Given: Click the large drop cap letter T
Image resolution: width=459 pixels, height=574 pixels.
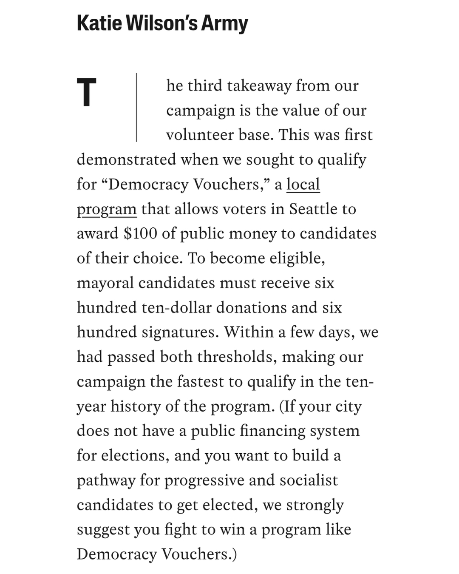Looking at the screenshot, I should [87, 92].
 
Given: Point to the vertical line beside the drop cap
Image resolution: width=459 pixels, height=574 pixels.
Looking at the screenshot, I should [136, 107].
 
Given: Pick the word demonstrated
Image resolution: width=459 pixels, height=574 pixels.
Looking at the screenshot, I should [126, 159].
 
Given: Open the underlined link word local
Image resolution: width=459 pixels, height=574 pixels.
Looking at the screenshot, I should [303, 184].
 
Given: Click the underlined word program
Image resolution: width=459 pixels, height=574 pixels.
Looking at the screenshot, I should [107, 209].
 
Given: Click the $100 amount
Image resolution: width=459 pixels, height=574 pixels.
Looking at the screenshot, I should [140, 233].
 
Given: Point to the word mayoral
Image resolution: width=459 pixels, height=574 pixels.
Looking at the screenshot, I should [105, 283].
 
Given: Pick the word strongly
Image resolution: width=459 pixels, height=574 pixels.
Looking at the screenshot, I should [315, 505].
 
